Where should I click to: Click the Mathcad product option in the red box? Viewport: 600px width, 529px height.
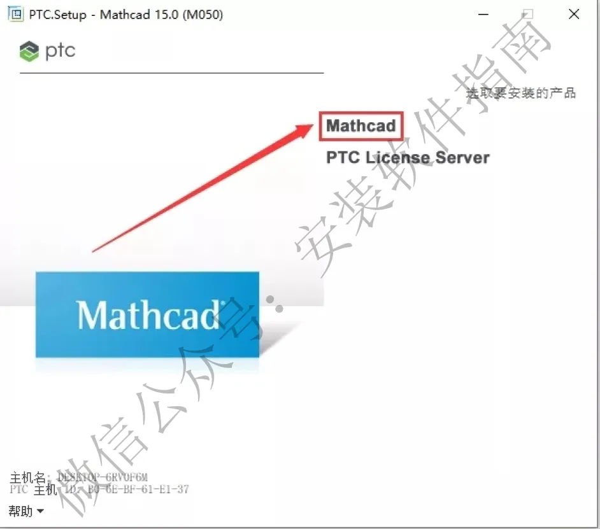(361, 126)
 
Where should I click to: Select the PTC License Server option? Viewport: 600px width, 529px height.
(408, 157)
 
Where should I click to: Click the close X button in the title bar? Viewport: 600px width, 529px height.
(574, 14)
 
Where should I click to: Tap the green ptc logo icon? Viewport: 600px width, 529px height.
(29, 52)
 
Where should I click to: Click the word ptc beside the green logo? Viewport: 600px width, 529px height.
(61, 51)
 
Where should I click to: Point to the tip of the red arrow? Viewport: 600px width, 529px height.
(317, 125)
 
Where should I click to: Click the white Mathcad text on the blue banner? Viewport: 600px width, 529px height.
(148, 314)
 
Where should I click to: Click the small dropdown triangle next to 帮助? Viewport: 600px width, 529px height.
(40, 511)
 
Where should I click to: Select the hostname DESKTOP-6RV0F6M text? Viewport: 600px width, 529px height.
(103, 477)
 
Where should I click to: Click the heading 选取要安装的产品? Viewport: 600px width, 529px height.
(521, 93)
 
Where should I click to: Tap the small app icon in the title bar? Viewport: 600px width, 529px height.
(13, 14)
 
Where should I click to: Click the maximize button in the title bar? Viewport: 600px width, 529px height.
(527, 14)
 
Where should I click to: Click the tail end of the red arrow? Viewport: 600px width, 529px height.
(94, 250)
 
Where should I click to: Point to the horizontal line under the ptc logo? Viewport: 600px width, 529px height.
(172, 73)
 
